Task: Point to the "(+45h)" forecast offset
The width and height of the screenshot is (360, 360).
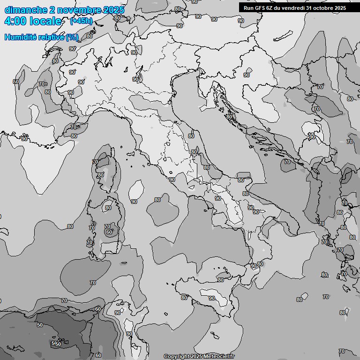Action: (x=82, y=22)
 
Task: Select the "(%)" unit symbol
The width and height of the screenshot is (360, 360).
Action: (x=72, y=37)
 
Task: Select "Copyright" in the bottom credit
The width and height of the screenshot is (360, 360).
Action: (x=177, y=357)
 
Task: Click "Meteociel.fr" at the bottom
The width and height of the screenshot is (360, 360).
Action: (x=220, y=357)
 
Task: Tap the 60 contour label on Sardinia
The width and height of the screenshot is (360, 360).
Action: (x=109, y=232)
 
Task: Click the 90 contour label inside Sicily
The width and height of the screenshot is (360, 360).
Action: (x=211, y=299)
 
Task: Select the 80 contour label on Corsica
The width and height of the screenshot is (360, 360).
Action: (x=100, y=175)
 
